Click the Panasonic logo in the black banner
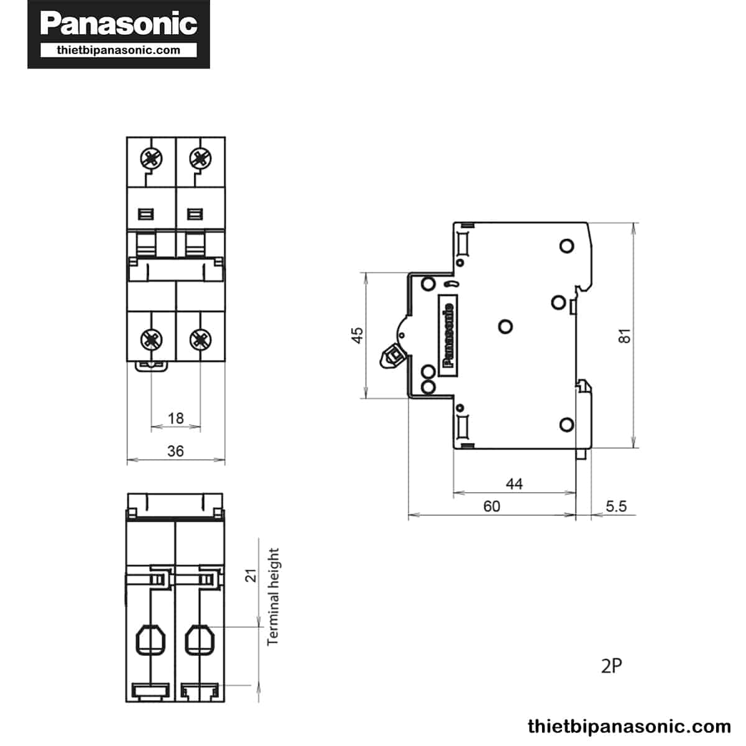tap(119, 24)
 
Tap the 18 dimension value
tap(176, 418)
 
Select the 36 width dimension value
tap(176, 451)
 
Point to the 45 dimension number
tap(357, 335)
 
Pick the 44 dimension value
tap(514, 484)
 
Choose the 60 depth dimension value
tap(491, 506)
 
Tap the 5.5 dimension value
tap(615, 506)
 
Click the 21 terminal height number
tap(251, 575)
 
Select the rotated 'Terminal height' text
tap(273, 596)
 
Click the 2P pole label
tap(611, 666)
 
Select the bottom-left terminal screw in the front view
tap(151, 339)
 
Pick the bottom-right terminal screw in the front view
tap(200, 339)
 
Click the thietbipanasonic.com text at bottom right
tap(629, 726)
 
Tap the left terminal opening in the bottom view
tap(150, 639)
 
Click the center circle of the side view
tap(505, 326)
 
